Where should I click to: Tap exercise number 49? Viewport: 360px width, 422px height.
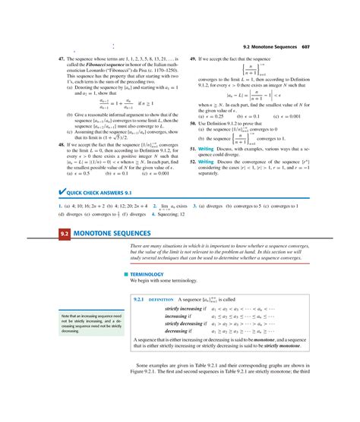click(x=194, y=58)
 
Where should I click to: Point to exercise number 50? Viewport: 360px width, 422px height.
click(x=194, y=121)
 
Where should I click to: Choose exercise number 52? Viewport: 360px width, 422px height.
click(x=194, y=161)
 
